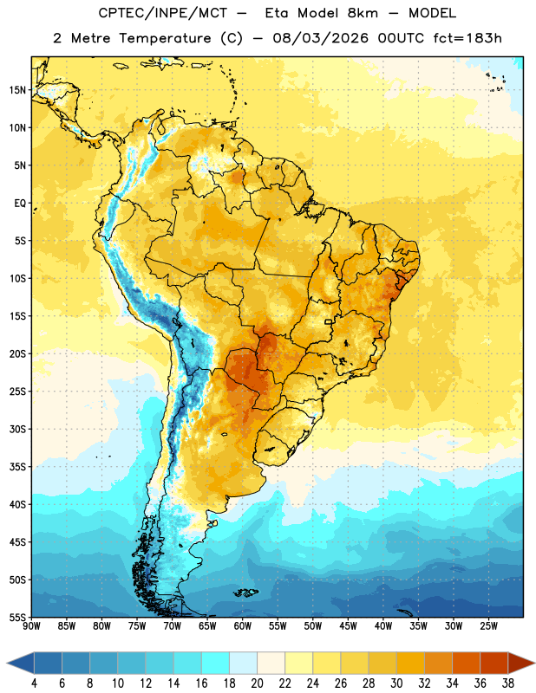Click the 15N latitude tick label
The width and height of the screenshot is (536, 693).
coord(17,90)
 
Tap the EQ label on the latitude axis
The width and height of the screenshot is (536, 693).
coord(20,204)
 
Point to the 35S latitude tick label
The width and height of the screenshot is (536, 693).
coord(17,467)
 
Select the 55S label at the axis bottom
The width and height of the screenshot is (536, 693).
coord(17,618)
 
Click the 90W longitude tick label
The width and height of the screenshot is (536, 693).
coord(31,626)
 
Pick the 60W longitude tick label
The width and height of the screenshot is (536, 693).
coord(243,626)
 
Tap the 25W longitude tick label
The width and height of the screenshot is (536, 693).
coord(488,626)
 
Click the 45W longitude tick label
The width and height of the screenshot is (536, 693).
coord(348,626)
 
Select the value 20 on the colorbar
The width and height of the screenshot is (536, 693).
coord(257,683)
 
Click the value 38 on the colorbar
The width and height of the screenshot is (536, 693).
coord(507,683)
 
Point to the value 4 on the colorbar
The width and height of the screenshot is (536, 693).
coord(34,683)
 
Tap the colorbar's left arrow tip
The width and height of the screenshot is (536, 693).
coord(8,663)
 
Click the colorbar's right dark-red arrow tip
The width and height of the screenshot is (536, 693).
coord(534,663)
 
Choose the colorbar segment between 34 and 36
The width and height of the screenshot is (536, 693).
coord(466,663)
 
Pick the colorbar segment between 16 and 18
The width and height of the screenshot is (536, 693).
coord(215,663)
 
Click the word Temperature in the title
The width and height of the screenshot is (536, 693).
coord(165,38)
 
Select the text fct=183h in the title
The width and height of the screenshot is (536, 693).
coord(467,38)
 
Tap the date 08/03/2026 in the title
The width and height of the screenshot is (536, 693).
coord(320,38)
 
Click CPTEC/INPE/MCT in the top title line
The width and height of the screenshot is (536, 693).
coord(162,13)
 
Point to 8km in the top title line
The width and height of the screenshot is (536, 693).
coord(363,13)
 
